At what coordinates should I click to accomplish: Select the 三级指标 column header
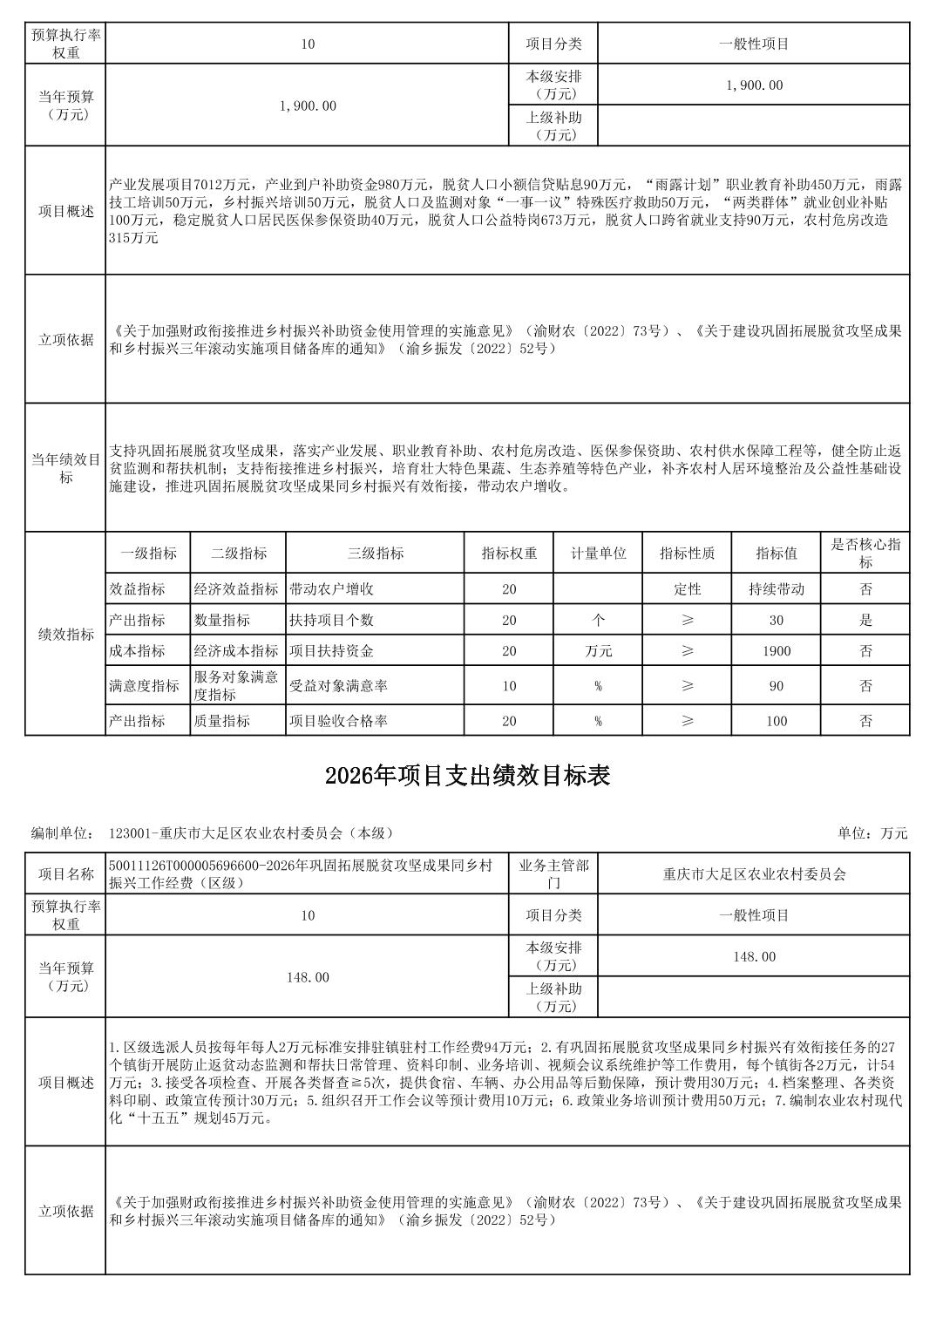376,554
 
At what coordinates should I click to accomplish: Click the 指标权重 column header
509,554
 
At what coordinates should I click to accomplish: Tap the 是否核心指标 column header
865,554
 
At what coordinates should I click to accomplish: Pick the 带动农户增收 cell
332,589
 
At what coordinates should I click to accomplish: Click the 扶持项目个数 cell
332,621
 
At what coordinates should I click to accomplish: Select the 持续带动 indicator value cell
777,589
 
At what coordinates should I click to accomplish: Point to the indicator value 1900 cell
777,651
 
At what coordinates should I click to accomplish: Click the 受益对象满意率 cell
339,686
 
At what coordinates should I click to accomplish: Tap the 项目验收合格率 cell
339,721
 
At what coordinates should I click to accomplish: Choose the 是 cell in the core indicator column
865,621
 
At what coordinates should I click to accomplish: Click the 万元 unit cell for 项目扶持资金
598,651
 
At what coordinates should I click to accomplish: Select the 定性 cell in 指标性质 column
688,589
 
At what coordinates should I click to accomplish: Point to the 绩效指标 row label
66,635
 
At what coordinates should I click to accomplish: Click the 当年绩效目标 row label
66,467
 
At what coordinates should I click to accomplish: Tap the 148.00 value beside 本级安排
754,957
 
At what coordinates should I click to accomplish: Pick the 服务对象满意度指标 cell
236,686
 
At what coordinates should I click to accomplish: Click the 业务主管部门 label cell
553,873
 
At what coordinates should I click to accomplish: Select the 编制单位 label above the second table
62,833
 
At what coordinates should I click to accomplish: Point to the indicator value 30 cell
777,621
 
